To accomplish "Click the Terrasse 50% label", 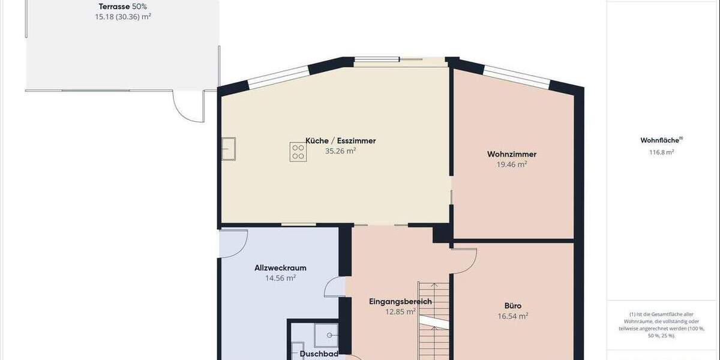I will (x=123, y=7).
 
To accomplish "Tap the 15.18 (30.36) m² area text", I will (x=123, y=17).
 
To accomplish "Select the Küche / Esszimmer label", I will (x=341, y=140).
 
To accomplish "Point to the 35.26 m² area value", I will (x=341, y=151).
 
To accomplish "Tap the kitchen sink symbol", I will (x=229, y=148).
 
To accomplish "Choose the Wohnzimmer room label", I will (x=512, y=154).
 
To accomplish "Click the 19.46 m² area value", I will (x=512, y=164).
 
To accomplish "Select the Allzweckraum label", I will (x=281, y=268).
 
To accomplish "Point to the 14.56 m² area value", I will (x=281, y=278).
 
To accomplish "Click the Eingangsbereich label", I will (x=400, y=301).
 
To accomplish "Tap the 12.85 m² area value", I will (x=400, y=311).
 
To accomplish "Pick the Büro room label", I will (x=512, y=305).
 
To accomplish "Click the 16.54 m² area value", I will (x=512, y=316).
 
